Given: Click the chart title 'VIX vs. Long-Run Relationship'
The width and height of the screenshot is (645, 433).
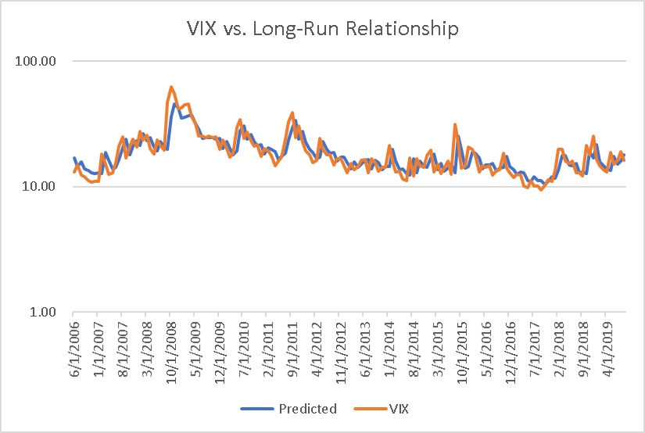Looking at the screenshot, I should tap(322, 30).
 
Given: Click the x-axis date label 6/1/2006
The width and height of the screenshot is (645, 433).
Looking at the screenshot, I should tap(74, 343).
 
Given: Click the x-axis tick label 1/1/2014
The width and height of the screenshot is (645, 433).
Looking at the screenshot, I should tap(389, 343).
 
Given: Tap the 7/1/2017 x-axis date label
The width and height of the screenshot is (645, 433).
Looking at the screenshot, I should tap(534, 343).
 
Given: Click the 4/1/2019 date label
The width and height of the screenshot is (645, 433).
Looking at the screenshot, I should tap(607, 343).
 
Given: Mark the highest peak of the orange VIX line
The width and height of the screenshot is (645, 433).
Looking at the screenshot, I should tap(171, 88).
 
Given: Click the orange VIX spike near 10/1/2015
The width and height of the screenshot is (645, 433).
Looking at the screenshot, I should tap(455, 125).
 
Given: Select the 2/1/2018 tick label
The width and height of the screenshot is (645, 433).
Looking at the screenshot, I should tap(558, 343).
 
